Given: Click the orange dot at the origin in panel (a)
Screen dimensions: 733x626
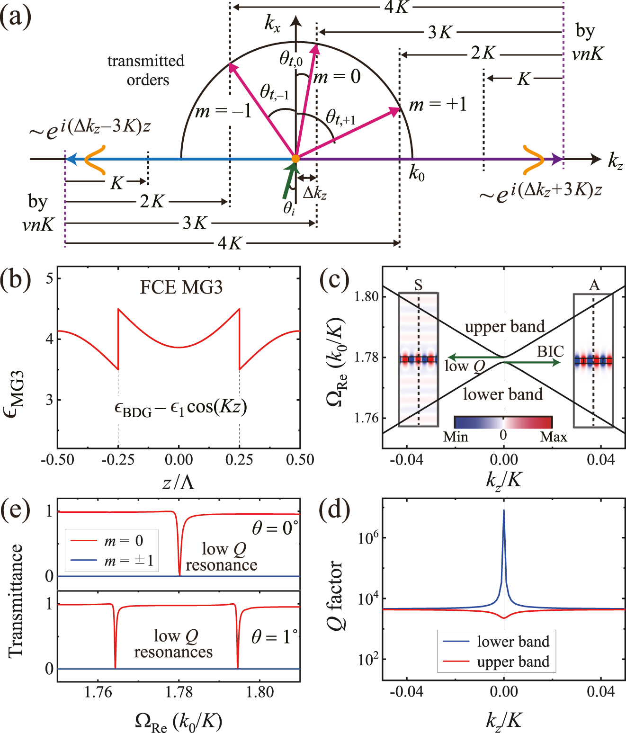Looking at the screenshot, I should click(x=295, y=159).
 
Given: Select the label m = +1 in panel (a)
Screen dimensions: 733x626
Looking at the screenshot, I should click(x=438, y=104).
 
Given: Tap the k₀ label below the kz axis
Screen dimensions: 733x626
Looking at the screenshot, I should click(x=417, y=174).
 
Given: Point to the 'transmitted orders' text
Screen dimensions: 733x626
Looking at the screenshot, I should click(x=146, y=70).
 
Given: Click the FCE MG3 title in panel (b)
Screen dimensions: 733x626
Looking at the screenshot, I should click(x=181, y=287).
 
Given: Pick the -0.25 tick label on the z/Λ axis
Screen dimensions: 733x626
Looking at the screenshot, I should click(x=118, y=460).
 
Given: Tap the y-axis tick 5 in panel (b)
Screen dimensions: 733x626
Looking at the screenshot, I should click(x=49, y=278).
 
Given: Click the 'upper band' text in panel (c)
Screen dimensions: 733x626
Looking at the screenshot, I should click(x=504, y=327).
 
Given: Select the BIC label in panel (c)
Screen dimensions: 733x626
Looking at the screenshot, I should click(x=550, y=351).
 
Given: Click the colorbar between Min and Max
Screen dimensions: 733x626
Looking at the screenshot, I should click(x=503, y=422).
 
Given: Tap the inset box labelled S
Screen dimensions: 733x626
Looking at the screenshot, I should click(x=418, y=360).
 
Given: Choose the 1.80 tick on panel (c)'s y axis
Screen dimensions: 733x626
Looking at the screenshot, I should click(x=367, y=296).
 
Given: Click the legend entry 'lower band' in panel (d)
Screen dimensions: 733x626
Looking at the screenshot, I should click(x=513, y=642).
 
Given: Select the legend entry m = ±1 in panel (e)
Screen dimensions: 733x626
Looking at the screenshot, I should click(x=129, y=561).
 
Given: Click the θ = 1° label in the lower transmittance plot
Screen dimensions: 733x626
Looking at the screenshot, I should click(x=274, y=637).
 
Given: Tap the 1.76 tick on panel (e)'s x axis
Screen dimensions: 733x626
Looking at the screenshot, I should click(x=98, y=692).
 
